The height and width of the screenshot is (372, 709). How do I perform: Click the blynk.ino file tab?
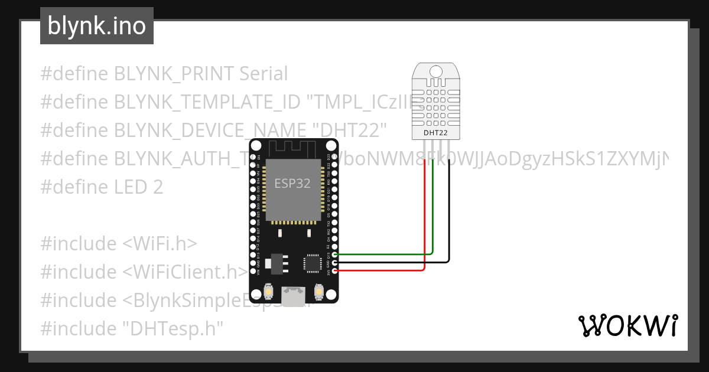pyautogui.click(x=96, y=26)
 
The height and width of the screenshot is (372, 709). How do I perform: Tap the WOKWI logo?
pyautogui.click(x=627, y=325)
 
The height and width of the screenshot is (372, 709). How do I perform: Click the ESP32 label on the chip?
pyautogui.click(x=292, y=183)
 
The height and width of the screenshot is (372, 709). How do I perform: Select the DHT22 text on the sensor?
pyautogui.click(x=435, y=133)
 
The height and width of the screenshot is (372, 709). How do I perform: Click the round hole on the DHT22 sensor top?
pyautogui.click(x=436, y=71)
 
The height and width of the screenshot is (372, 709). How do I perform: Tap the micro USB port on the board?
pyautogui.click(x=293, y=296)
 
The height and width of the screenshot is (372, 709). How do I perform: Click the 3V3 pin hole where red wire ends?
pyautogui.click(x=335, y=270)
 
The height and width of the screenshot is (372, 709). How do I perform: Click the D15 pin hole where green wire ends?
pyautogui.click(x=335, y=254)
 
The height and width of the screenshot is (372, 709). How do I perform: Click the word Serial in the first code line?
pyautogui.click(x=264, y=74)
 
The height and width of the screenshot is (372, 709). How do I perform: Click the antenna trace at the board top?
pyautogui.click(x=292, y=148)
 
